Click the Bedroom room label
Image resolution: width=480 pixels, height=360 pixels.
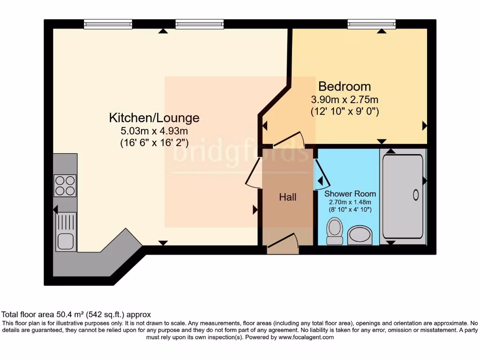click(x=345, y=86)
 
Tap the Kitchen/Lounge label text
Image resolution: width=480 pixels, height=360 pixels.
click(x=154, y=118)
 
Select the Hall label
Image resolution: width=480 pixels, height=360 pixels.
click(x=287, y=197)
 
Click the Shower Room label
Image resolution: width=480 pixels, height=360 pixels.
click(x=350, y=194)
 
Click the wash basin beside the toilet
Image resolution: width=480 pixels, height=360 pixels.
click(x=360, y=234)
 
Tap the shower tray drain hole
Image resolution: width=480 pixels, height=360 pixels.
click(x=415, y=195)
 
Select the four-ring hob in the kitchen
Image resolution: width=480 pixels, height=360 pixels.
click(x=65, y=185)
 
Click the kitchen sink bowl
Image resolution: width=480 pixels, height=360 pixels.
click(x=65, y=241)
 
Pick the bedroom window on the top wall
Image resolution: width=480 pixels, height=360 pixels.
click(x=371, y=24)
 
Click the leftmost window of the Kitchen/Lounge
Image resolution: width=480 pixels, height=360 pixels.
click(x=108, y=24)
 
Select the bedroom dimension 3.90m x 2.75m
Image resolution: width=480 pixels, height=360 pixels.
click(x=345, y=100)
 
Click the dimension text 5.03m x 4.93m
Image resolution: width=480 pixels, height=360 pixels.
click(x=154, y=131)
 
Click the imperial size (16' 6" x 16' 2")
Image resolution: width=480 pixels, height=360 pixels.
click(x=154, y=143)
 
